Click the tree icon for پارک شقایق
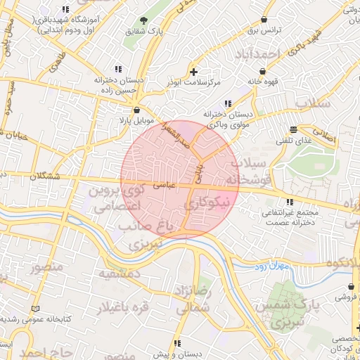click(144, 20)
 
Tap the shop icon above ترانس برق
click(264, 20)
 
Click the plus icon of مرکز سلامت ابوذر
click(194, 72)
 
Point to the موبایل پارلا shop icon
click(136, 110)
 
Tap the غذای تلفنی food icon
click(293, 129)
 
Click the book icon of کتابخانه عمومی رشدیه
click(37, 309)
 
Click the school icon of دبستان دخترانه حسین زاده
click(118, 69)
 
